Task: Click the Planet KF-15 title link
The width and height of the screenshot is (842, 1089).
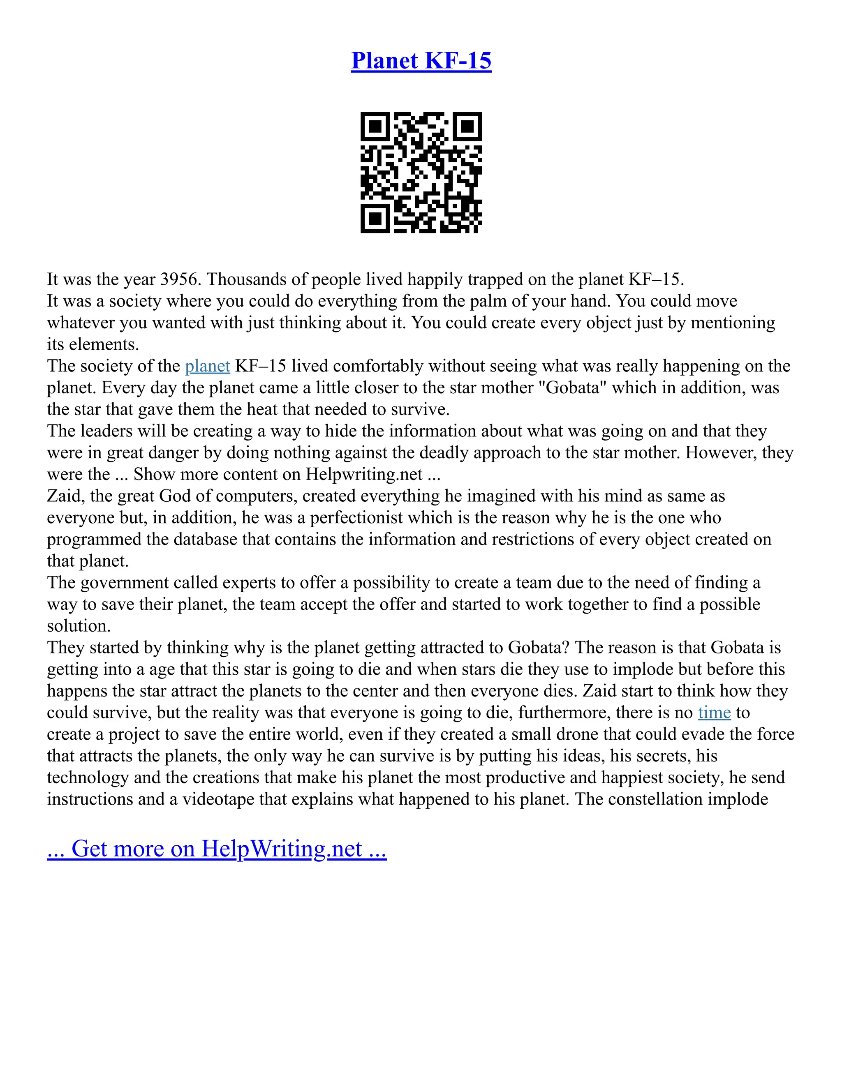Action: pos(421,61)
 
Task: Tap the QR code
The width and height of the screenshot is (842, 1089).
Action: pos(421,172)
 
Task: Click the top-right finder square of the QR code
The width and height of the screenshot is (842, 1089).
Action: pos(467,127)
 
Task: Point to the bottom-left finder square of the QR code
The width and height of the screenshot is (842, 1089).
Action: pos(375,218)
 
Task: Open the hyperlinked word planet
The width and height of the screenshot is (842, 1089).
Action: pos(208,366)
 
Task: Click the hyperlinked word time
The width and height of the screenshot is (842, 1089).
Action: pos(714,713)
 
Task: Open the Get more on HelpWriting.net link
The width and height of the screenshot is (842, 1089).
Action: pos(217,849)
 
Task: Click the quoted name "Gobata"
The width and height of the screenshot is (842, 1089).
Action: pos(573,388)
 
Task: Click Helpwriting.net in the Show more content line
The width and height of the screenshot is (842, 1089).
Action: pos(364,474)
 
